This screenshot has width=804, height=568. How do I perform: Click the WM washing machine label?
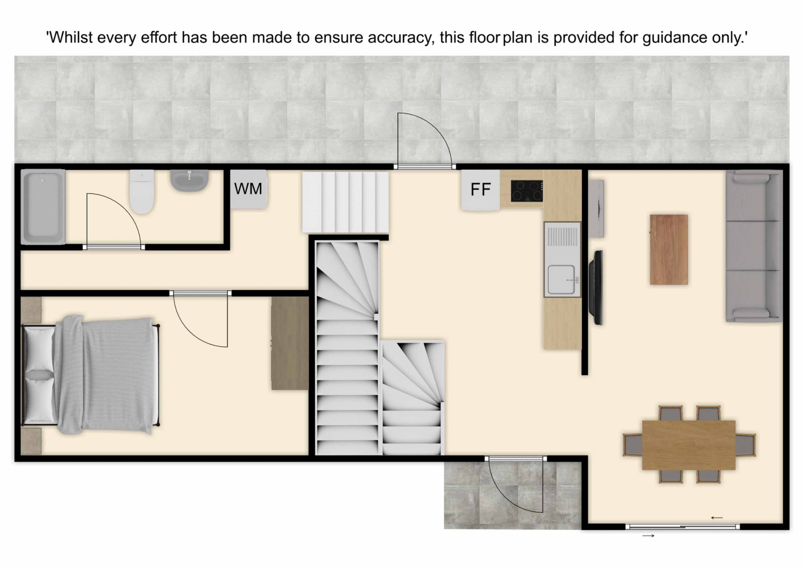coord(248,189)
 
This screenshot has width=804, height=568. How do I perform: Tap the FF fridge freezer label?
coord(481,190)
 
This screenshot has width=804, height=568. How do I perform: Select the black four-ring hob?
coord(527,191)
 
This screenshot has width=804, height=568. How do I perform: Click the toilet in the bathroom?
coord(142,192)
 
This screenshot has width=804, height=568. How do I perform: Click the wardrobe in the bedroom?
coord(290,343)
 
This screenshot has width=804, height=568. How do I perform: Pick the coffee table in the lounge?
coord(669,250)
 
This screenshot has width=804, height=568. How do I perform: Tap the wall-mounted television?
coord(596,287)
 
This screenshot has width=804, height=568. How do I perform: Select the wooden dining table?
coord(689,445)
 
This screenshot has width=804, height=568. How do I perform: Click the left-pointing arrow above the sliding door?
coord(717,518)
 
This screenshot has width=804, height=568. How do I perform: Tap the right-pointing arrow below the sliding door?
coord(648,535)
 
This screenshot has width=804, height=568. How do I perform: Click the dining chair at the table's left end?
coord(632,445)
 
